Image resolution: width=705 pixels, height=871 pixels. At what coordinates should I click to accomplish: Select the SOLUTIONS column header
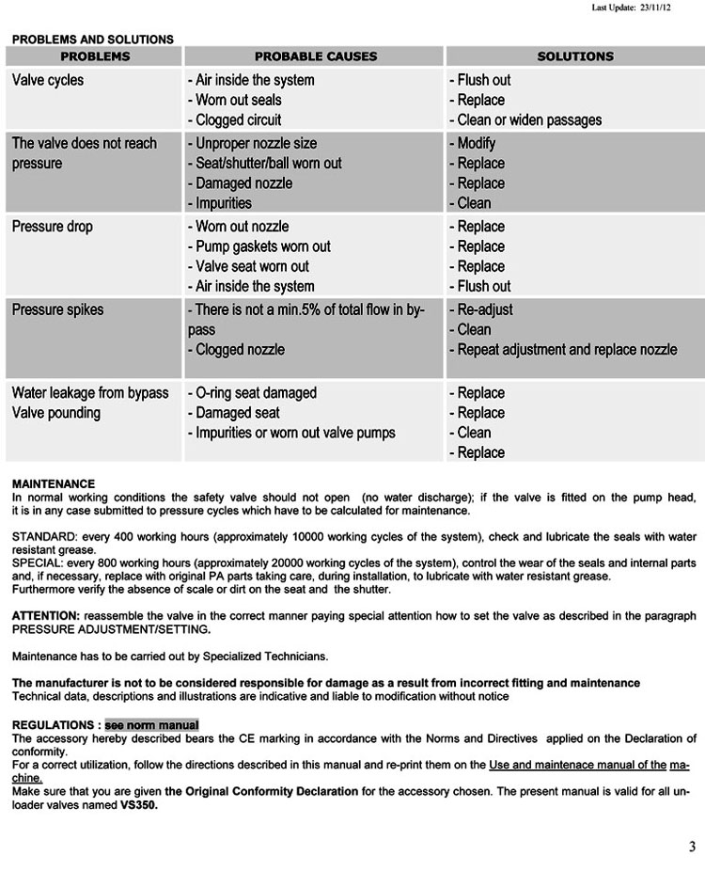click(x=574, y=56)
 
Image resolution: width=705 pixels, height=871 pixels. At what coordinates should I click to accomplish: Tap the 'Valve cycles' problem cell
click(x=47, y=80)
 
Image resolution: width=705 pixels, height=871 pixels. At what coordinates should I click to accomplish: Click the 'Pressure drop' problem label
click(x=52, y=227)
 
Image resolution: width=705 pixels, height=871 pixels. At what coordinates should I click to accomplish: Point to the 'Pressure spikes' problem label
click(x=57, y=309)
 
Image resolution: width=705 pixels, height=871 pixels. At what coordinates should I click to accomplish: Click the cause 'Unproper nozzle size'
click(x=252, y=143)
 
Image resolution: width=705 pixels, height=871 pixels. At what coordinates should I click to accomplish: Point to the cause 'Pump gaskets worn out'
click(x=259, y=246)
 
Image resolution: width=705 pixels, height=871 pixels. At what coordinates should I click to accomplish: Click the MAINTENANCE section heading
click(x=54, y=483)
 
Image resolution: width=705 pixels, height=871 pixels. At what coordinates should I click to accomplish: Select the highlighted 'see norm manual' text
click(x=151, y=725)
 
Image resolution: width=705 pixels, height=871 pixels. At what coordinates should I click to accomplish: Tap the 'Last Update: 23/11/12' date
click(x=631, y=8)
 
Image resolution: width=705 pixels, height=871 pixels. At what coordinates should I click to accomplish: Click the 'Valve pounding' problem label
click(x=55, y=412)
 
